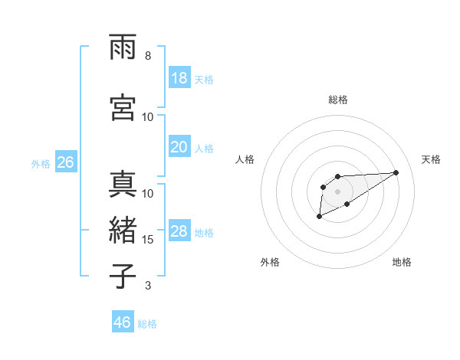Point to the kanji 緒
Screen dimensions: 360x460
point(123,228)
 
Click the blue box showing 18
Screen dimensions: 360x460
point(179,78)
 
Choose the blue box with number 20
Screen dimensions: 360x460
point(179,146)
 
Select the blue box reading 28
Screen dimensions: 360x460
point(179,231)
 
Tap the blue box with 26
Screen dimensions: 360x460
point(65,162)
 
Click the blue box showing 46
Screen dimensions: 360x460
point(123,322)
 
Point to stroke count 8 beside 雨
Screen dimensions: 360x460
point(148,56)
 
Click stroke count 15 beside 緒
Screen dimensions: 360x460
point(148,240)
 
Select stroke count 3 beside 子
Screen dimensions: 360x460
point(148,286)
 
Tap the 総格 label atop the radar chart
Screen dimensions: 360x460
point(338,100)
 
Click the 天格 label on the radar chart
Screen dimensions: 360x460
point(431,159)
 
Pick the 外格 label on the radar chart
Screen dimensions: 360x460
point(270,262)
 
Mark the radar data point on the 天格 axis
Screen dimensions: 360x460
point(396,172)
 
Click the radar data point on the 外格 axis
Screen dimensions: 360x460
point(319,217)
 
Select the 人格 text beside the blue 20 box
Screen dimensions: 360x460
point(204,148)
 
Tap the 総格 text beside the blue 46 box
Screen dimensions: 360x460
point(147,324)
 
